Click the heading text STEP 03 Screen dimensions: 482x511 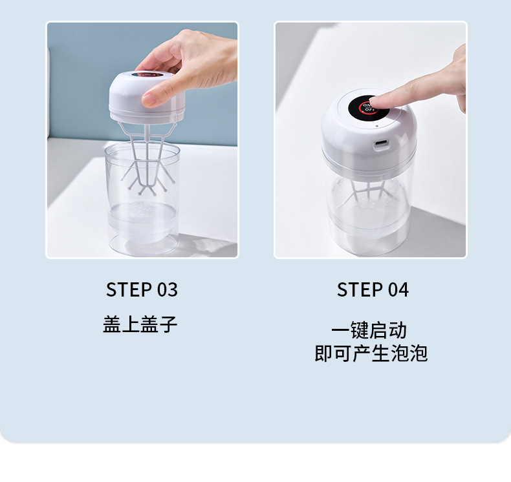pyautogui.click(x=142, y=289)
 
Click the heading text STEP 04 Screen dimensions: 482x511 pyautogui.click(x=373, y=290)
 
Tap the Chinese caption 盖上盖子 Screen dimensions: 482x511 pyautogui.click(x=140, y=324)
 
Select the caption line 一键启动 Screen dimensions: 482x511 pyautogui.click(x=369, y=330)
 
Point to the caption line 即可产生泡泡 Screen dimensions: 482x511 pyautogui.click(x=371, y=353)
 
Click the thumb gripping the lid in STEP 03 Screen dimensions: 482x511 pyautogui.click(x=155, y=95)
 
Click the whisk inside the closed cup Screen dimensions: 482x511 pyautogui.click(x=369, y=191)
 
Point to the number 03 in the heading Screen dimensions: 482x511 pyautogui.click(x=167, y=289)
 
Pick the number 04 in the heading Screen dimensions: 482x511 pyautogui.click(x=398, y=290)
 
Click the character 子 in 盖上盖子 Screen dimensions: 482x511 pyautogui.click(x=168, y=324)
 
